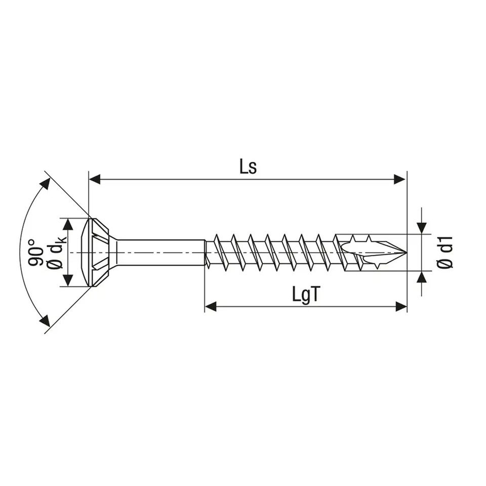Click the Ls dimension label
click(248, 167)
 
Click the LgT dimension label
click(306, 295)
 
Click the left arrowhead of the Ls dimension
click(95, 179)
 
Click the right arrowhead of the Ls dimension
click(400, 179)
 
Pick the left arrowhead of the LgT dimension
click(211, 306)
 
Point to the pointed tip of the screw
click(404, 252)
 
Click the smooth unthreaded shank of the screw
click(162, 252)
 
